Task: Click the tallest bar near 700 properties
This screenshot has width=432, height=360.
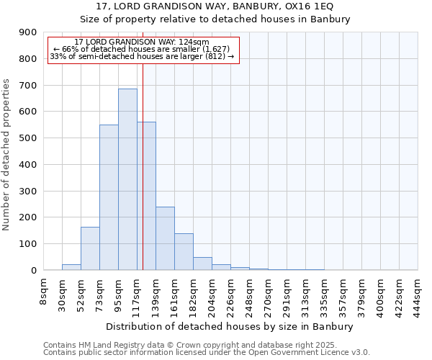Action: (x=127, y=179)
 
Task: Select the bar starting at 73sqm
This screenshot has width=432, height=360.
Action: (x=109, y=197)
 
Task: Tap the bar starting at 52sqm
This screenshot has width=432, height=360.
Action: (x=90, y=248)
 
